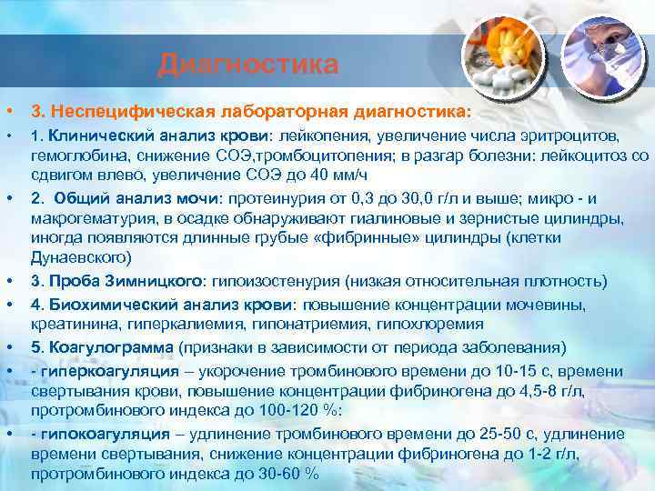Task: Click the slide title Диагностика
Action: coord(247,65)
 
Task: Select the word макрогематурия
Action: coord(78,218)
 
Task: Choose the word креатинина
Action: coord(71,324)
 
